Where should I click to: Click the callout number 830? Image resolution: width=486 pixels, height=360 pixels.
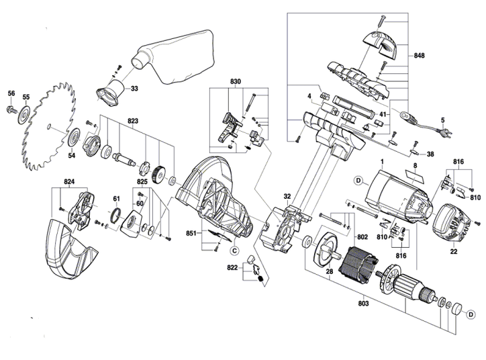235,83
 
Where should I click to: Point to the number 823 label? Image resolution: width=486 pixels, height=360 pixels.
132,122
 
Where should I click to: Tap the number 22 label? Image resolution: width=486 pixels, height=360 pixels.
454,251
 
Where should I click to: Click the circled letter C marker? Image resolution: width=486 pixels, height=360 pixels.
234,251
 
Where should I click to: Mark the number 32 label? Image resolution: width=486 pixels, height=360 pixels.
287,197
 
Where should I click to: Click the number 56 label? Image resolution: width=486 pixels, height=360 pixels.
11,93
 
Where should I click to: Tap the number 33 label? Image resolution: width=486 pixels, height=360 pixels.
134,88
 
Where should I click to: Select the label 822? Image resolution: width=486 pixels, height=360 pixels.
232,267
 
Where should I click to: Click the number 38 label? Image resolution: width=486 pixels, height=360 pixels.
430,154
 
